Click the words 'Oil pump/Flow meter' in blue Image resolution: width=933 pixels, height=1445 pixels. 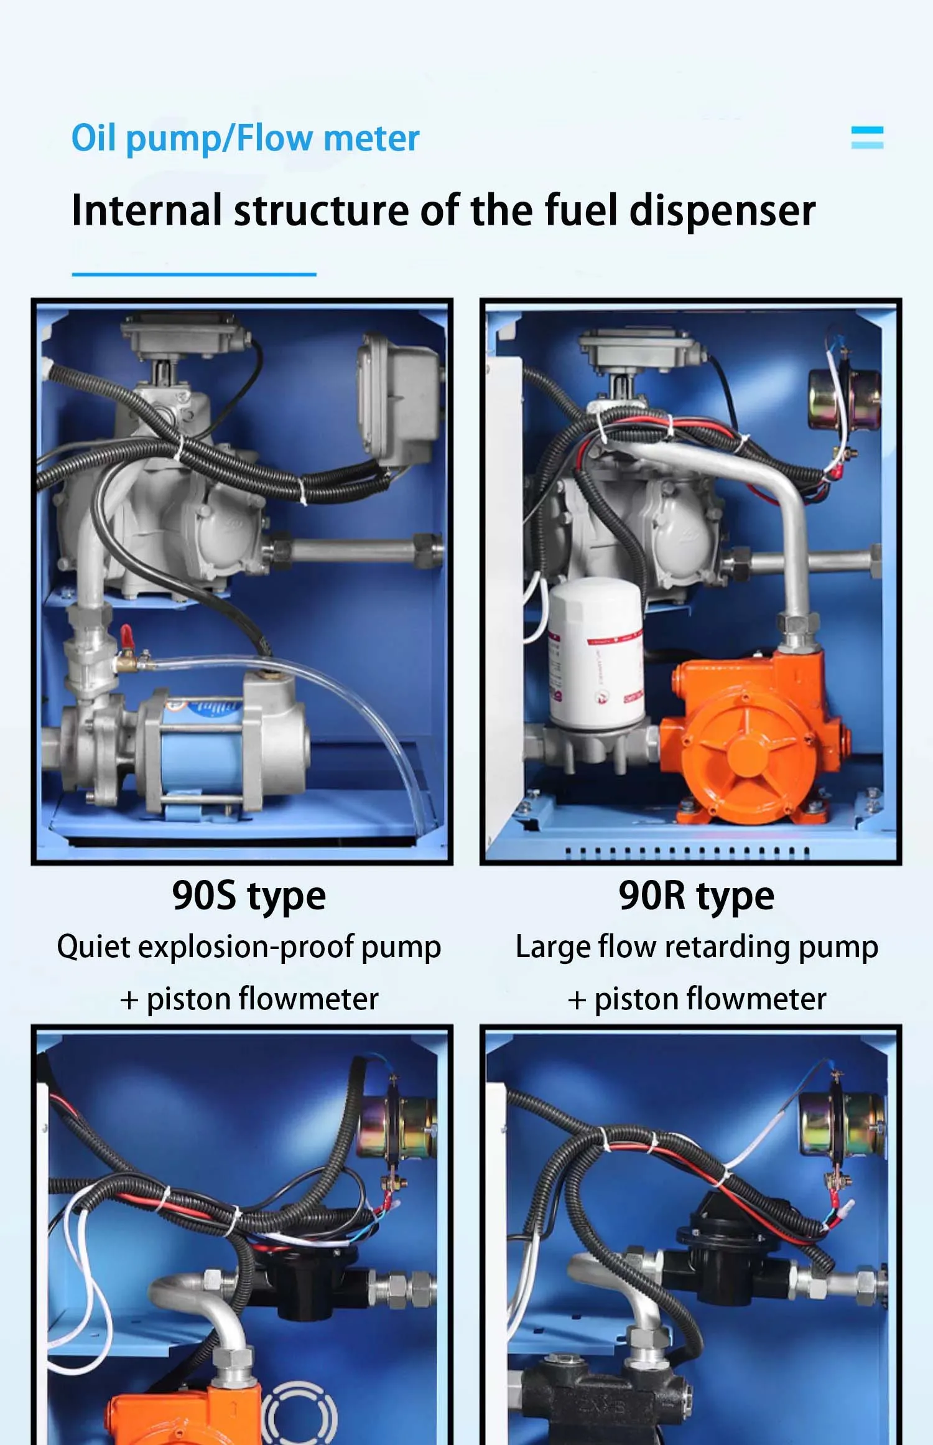pyautogui.click(x=245, y=138)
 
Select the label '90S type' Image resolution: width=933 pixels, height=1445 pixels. pyautogui.click(x=249, y=896)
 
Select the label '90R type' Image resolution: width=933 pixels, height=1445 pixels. pyautogui.click(x=696, y=896)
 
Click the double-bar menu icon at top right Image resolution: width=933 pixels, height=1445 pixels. pyautogui.click(x=867, y=138)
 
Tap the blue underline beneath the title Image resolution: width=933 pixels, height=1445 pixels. pyautogui.click(x=194, y=274)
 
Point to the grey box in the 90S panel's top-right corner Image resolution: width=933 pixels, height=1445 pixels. pyautogui.click(x=398, y=398)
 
